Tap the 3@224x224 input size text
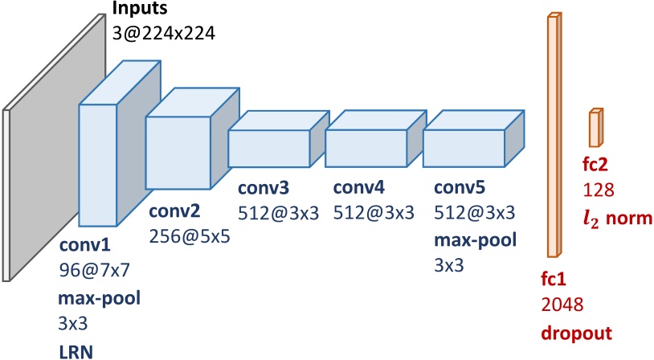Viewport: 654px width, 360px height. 165,34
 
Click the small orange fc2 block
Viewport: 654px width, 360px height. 595,128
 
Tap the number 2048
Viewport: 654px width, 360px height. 562,305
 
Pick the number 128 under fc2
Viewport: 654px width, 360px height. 599,190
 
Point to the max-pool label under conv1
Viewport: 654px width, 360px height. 97,299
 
